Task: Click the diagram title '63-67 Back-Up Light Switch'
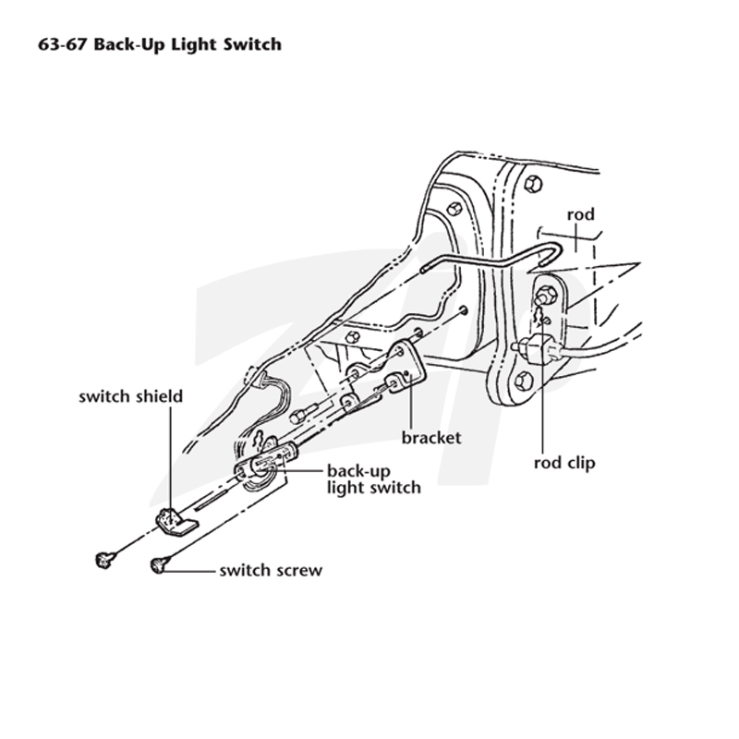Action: (160, 44)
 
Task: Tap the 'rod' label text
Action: (581, 214)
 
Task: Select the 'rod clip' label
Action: (564, 463)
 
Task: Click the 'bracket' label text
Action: (431, 437)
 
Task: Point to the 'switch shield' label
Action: (130, 396)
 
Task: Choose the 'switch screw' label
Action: (271, 570)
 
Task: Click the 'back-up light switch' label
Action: (374, 479)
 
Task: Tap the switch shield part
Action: (176, 521)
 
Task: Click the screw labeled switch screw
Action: (159, 564)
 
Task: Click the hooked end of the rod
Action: (556, 255)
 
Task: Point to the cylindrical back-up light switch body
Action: (274, 457)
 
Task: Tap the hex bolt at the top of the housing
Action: (533, 184)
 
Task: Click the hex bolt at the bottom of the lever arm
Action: (524, 380)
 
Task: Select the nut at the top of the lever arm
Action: (545, 295)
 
